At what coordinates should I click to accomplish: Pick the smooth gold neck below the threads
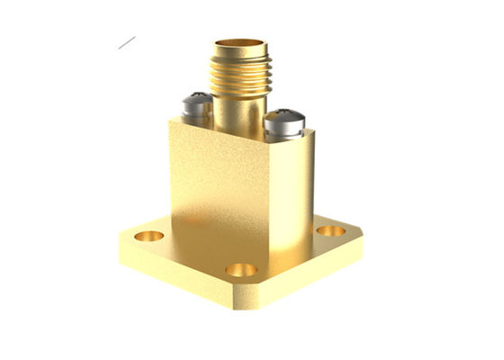[x=236, y=112]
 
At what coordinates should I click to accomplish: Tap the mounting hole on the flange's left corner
[x=149, y=236]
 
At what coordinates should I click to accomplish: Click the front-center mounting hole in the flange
[x=240, y=269]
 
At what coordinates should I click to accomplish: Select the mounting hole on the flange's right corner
[x=330, y=230]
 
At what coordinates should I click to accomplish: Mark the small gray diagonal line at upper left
[x=126, y=42]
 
